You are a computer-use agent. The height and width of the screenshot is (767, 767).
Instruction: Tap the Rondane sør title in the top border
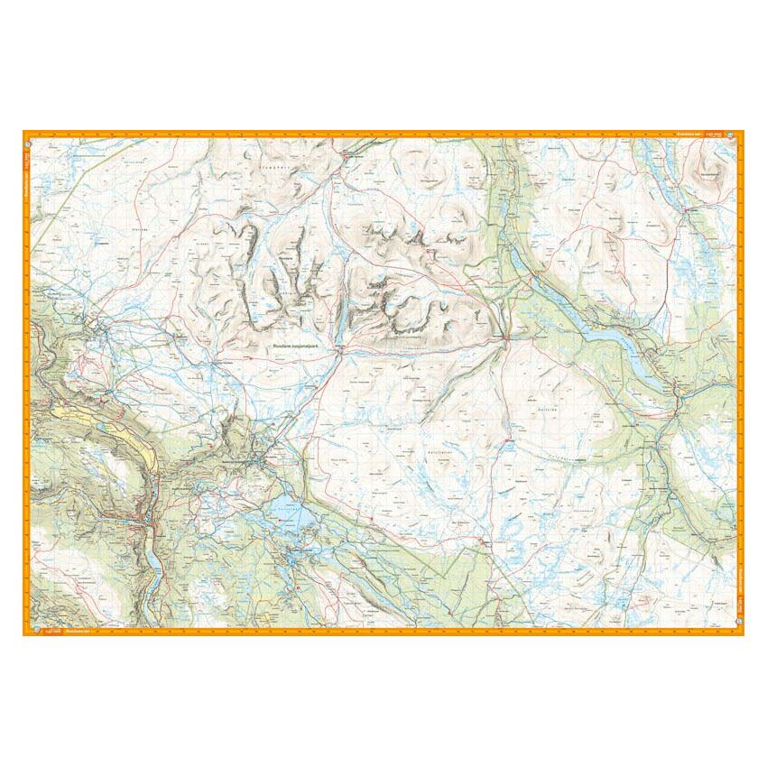point(688,134)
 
